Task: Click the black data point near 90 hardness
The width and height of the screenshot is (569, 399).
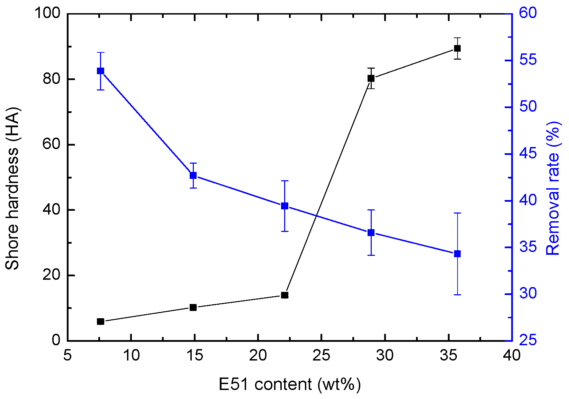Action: pos(458,48)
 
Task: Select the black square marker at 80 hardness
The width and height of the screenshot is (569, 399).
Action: pos(371,78)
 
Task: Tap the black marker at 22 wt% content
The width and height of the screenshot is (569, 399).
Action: pos(284,295)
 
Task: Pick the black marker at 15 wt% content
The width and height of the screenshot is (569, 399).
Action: pos(193,307)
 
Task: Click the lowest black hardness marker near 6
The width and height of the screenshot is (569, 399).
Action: pos(100,322)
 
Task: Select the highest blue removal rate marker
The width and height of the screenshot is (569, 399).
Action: pos(100,71)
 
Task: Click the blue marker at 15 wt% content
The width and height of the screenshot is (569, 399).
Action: pos(193,175)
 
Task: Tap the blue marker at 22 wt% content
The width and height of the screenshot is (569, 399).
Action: pos(284,206)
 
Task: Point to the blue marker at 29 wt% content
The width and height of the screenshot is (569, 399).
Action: pos(371,233)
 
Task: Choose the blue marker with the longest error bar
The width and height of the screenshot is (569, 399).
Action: pos(458,254)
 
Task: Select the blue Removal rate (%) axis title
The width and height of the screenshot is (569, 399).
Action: pos(553,189)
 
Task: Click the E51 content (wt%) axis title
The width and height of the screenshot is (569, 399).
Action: pos(290,384)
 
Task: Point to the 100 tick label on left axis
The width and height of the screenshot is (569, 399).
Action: pos(47,14)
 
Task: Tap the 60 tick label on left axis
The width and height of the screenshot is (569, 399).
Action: pos(51,145)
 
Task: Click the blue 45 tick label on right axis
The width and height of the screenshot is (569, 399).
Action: pos(527,154)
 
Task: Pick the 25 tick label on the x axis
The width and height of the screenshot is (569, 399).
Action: pos(321,356)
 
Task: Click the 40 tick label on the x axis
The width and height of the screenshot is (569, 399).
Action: pos(512,356)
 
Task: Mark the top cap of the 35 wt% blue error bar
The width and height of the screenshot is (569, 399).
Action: pos(458,213)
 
